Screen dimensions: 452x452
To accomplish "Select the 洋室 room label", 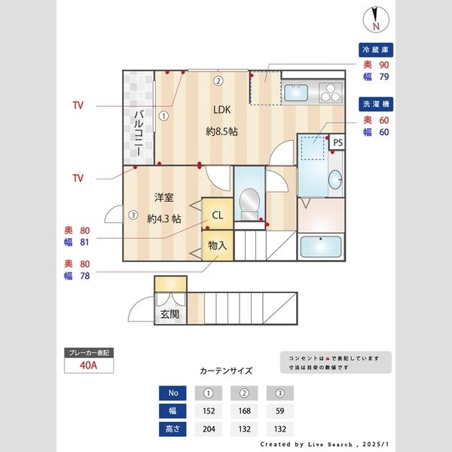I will (x=164, y=198).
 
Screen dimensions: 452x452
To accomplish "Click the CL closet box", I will (x=217, y=215).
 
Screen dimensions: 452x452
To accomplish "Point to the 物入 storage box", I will (x=217, y=246).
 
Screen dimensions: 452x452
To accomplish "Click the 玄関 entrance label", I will (x=169, y=313).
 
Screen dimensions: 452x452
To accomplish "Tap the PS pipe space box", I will (x=337, y=142).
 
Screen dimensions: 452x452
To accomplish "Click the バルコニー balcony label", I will (x=139, y=131).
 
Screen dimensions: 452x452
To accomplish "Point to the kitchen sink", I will (x=295, y=93).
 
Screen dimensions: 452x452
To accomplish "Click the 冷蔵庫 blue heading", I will (x=376, y=50).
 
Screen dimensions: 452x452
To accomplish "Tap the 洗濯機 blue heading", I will (x=376, y=104).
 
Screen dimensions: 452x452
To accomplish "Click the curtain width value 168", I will (x=243, y=411).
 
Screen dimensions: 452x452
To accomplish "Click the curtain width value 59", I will (x=279, y=411).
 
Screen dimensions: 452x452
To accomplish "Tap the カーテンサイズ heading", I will (x=226, y=371).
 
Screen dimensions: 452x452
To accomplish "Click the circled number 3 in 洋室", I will (x=133, y=215).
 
